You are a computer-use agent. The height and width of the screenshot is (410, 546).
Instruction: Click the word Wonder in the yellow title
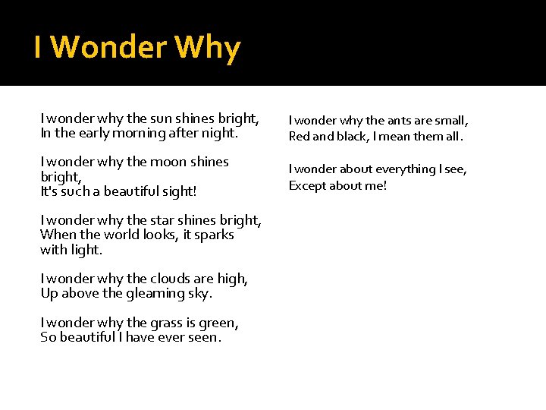tap(109, 49)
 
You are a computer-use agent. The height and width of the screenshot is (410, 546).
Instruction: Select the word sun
tap(161, 118)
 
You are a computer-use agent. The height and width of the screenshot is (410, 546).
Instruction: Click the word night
tap(218, 133)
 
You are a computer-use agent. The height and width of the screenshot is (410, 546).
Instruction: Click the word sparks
tap(214, 235)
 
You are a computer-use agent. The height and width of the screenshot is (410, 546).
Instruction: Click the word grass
tap(165, 323)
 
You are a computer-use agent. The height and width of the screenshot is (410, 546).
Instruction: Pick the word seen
tap(202, 337)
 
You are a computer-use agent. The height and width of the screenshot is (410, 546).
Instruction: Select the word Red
tap(299, 137)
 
